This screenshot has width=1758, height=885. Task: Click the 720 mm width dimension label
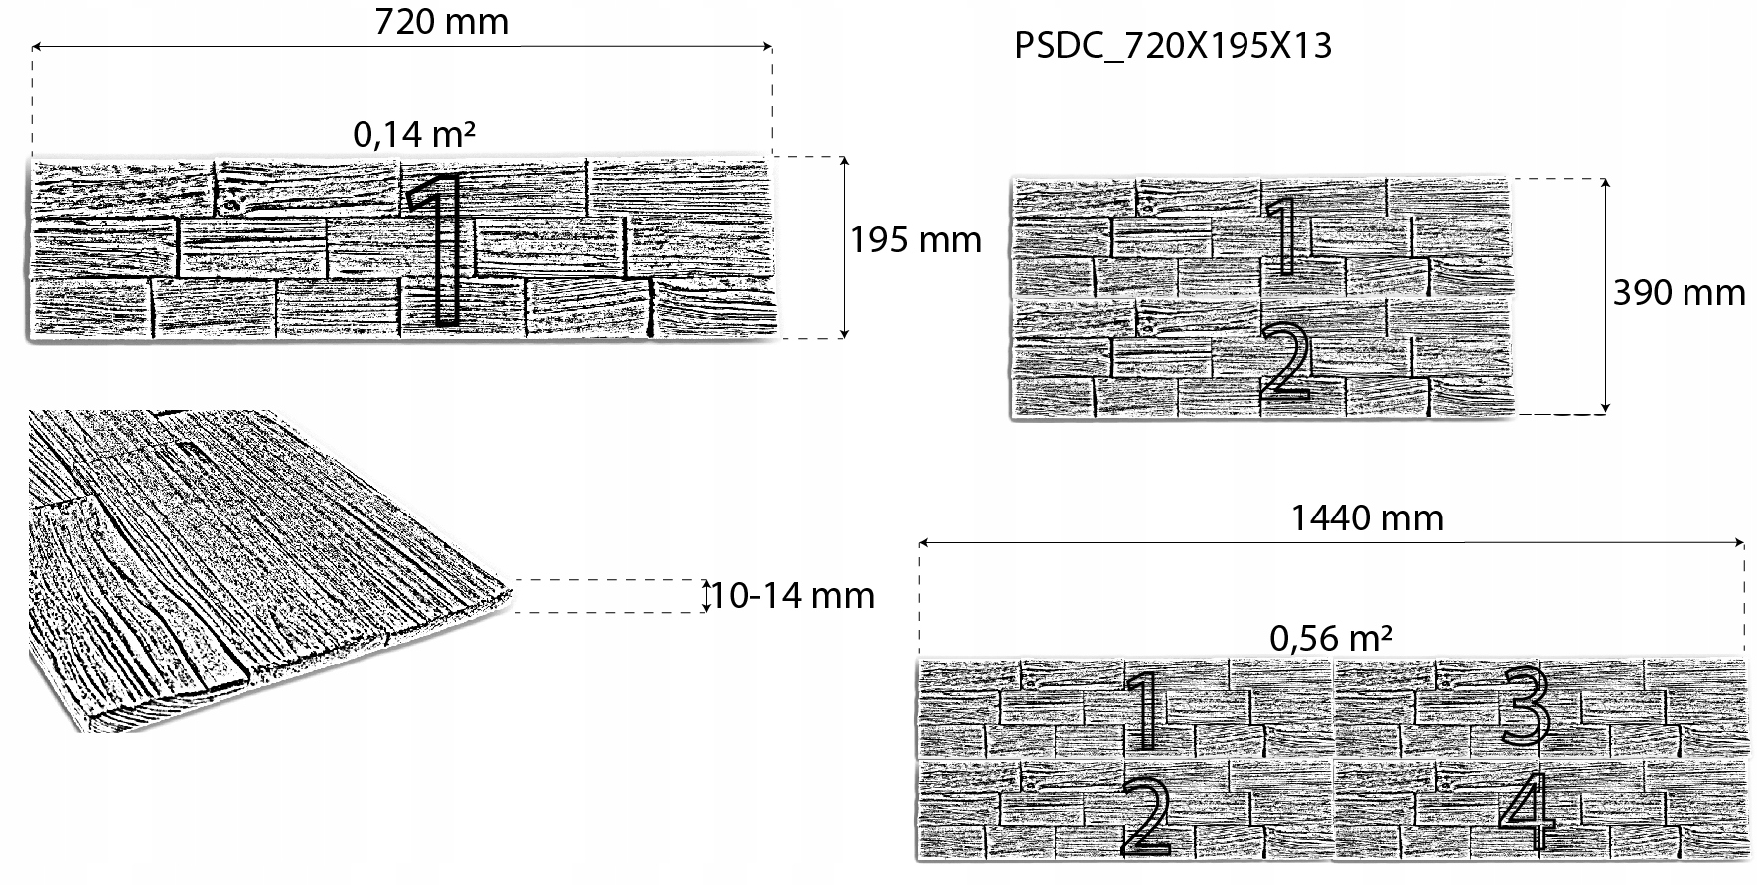[x=441, y=21]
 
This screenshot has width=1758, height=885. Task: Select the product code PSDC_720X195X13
[x=1172, y=46]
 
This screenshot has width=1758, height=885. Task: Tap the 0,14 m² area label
[x=414, y=134]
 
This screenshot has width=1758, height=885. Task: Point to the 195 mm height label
[x=916, y=240]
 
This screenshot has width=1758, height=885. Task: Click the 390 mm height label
[x=1679, y=292]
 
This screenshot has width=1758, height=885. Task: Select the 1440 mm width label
[x=1367, y=517]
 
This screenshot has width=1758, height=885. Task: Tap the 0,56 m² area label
[x=1331, y=637]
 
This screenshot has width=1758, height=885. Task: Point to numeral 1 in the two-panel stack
[x=1284, y=235]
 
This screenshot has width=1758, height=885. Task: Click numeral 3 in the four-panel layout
[x=1526, y=707]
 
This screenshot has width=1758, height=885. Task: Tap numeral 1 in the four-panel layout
[x=1145, y=709]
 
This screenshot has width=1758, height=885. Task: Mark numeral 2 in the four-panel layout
[x=1145, y=816]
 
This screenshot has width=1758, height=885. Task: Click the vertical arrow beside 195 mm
[x=844, y=247]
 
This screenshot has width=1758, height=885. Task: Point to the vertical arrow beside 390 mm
[x=1605, y=294]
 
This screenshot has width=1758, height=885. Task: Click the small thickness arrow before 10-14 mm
[x=706, y=595]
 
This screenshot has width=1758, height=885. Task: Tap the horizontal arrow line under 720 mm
[x=401, y=46]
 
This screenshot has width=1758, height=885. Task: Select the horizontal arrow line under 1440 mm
[x=1331, y=543]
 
